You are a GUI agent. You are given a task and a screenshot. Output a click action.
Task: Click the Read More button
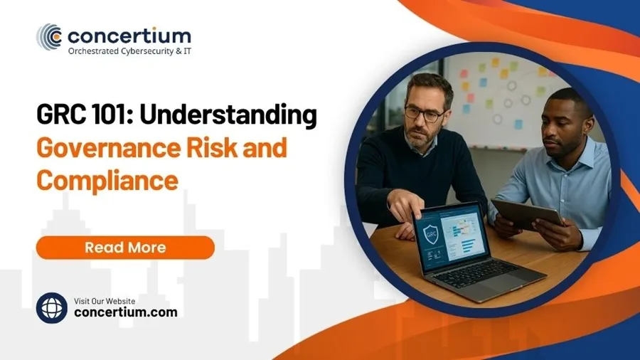[125, 248]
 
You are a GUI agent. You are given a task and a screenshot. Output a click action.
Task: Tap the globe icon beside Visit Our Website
[52, 308]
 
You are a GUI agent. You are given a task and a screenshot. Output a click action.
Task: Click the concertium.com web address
[126, 312]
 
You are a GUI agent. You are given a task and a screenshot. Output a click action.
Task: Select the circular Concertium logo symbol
[49, 36]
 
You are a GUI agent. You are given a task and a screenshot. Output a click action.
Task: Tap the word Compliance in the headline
[107, 180]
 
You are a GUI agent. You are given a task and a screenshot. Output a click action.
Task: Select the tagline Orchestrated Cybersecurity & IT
[129, 51]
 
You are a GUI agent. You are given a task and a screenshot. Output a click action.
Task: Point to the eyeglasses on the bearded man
[425, 112]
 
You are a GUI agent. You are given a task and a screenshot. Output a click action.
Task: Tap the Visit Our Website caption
[105, 300]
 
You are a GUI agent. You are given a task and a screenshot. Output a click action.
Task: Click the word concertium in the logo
[129, 35]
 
